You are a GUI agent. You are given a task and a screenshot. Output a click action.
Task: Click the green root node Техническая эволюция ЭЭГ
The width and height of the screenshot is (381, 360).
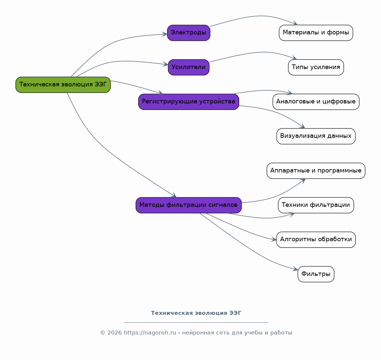[63, 85]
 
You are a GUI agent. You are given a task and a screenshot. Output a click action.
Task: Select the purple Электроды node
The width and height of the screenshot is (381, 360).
[189, 33]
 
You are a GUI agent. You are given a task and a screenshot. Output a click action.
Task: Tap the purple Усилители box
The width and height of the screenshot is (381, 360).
[189, 67]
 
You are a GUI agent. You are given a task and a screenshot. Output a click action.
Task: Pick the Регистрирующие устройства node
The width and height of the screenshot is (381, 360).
[189, 102]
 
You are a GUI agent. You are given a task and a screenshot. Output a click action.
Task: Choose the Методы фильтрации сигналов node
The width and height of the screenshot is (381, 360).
[189, 205]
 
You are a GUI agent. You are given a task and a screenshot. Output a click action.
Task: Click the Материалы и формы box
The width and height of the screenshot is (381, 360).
[316, 33]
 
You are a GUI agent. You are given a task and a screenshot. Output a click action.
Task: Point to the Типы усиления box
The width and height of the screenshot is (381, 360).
[316, 67]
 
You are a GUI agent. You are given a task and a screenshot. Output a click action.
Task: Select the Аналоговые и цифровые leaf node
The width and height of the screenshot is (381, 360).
[316, 102]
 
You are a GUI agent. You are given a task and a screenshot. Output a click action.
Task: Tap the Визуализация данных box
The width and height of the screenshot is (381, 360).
[316, 136]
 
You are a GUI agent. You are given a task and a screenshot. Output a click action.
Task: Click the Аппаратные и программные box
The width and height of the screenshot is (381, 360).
[316, 171]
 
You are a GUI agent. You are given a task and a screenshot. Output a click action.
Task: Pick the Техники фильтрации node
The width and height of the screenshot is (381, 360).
[316, 205]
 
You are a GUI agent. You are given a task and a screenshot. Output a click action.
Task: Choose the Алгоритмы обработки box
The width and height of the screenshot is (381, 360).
[316, 240]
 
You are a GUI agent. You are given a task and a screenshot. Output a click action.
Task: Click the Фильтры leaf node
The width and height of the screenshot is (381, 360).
[316, 274]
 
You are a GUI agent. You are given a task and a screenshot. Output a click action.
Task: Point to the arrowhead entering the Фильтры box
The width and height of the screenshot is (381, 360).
[295, 269]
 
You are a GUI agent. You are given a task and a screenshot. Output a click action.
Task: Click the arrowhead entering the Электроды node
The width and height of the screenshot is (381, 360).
[165, 34]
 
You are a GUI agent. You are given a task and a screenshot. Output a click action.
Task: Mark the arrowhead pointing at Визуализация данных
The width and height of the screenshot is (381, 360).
[302, 126]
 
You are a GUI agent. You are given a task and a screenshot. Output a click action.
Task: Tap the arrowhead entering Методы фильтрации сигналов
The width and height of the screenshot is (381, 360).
[174, 195]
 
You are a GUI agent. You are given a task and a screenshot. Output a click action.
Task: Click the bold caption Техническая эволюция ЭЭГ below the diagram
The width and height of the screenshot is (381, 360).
[196, 313]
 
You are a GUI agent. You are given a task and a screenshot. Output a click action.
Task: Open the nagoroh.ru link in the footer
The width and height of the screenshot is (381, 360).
[150, 333]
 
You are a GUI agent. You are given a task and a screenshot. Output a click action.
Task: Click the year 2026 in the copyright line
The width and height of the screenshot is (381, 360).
[114, 333]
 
